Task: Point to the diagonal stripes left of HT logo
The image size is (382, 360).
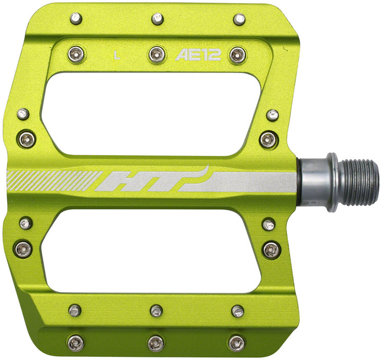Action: coord(51,181)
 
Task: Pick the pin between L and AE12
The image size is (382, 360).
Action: coord(157,53)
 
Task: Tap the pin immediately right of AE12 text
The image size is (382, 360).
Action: coord(237,55)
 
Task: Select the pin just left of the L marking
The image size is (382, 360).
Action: coord(76,53)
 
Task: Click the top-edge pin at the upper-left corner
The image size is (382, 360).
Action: coord(76,19)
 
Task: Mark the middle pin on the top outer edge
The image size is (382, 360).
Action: coord(158,19)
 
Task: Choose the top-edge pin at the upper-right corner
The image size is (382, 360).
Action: coord(239,20)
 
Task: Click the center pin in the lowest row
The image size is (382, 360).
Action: coord(156,343)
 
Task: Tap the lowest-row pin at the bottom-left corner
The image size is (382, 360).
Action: coord(75,343)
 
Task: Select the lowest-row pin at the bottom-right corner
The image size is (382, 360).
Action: coord(236,343)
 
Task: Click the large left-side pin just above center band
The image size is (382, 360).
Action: coord(26,138)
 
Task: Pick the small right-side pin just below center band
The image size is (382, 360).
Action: coord(268,225)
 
